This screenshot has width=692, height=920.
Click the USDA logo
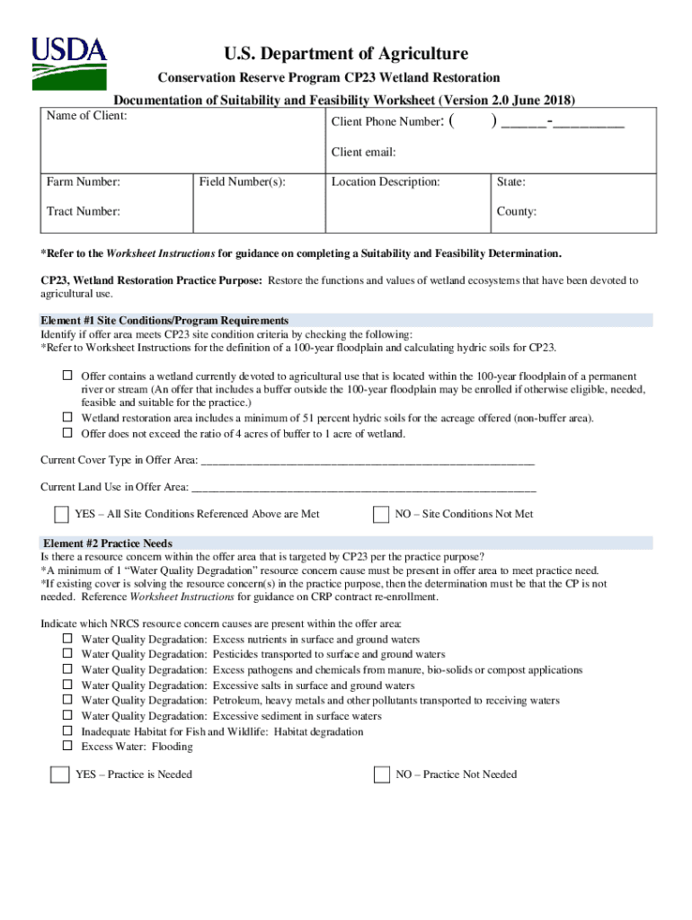point(69,62)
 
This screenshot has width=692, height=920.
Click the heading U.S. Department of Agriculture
point(345,54)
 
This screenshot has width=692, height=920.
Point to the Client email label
point(363,152)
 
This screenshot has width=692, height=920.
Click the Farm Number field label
point(84,182)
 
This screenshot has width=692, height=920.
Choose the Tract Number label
point(83,211)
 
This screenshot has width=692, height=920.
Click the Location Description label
point(386,182)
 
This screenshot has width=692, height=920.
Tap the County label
point(516,212)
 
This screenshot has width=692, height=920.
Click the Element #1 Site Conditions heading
point(164,320)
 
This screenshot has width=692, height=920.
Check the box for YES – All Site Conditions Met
point(61,515)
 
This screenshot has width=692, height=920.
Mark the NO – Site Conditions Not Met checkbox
point(381,515)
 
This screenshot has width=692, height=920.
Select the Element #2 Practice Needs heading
point(108,544)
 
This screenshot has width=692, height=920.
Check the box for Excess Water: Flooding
point(67,746)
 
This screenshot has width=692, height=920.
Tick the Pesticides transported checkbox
point(67,654)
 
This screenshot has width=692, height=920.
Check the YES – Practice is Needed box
point(60,774)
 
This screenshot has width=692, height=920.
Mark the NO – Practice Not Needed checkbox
point(381,774)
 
